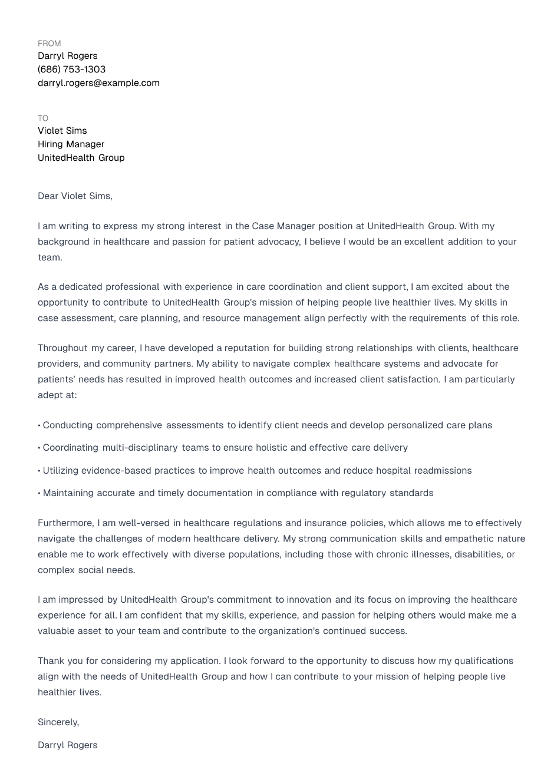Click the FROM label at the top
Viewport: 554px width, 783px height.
[x=49, y=44]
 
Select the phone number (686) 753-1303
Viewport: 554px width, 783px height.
[x=71, y=70]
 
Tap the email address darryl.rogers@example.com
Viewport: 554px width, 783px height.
[x=98, y=83]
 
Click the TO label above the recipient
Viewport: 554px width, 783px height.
[x=43, y=118]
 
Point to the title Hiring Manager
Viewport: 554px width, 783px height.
[x=71, y=144]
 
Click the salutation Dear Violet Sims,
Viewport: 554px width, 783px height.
[x=75, y=196]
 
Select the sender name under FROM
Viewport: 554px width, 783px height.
[x=67, y=56]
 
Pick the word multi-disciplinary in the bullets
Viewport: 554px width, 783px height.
[x=140, y=448]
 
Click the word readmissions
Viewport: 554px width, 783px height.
[x=443, y=471]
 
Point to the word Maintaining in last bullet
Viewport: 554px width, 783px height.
[x=68, y=493]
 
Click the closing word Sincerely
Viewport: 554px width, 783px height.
[x=58, y=722]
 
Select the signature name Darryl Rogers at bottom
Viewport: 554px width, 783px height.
[x=67, y=745]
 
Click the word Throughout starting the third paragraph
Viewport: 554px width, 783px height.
[x=62, y=348]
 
